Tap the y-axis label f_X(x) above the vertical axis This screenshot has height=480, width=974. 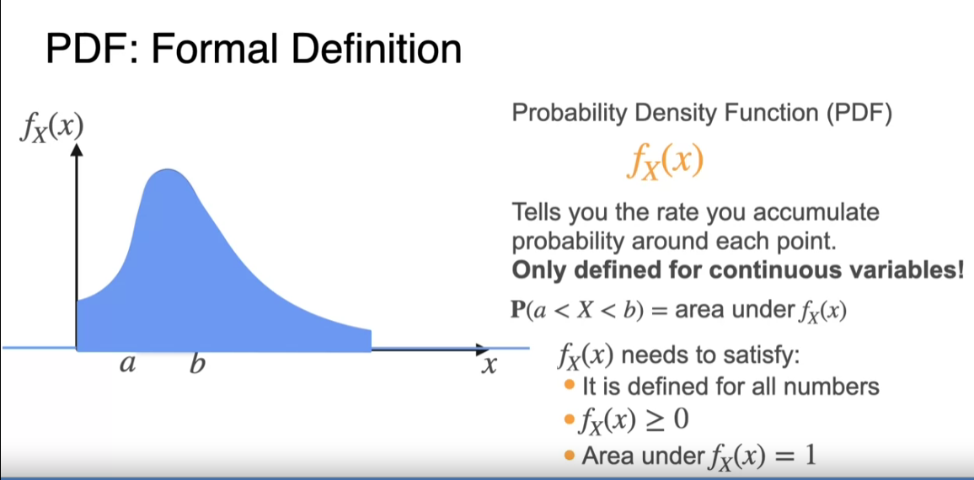tap(51, 128)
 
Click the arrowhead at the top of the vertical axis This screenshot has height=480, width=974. tap(77, 149)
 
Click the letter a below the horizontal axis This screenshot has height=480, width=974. tap(127, 365)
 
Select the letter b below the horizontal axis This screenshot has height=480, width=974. tap(197, 363)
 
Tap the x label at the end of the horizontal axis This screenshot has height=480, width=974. tap(490, 366)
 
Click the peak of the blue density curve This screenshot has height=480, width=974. tap(167, 169)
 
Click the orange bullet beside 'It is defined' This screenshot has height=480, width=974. tap(570, 385)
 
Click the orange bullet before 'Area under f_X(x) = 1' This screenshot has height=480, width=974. tap(570, 456)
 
